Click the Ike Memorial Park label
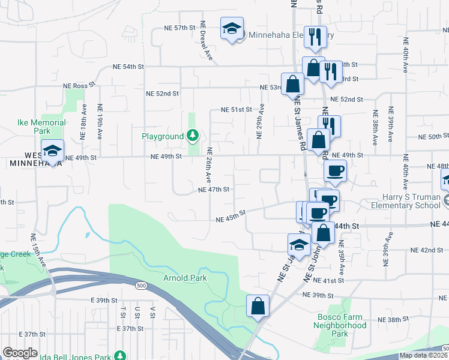[x=41, y=127]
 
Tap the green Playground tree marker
[x=193, y=136]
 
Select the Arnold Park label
[x=185, y=278]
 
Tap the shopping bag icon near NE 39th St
[x=258, y=305]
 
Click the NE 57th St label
[x=181, y=28]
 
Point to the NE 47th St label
[x=214, y=190]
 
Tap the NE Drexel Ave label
[x=206, y=41]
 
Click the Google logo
[x=20, y=353]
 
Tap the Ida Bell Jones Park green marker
[x=119, y=356]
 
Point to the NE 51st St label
[x=235, y=110]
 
